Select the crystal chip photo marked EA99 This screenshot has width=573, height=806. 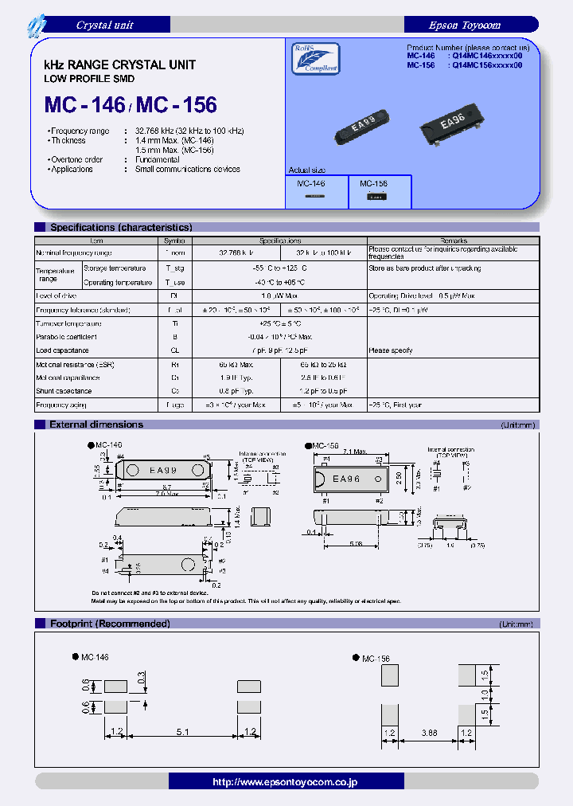click(364, 125)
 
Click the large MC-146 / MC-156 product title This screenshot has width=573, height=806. click(131, 104)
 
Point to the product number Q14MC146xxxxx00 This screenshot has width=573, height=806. click(486, 57)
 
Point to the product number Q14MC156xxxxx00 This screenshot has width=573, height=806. click(486, 66)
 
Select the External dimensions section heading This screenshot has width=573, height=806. click(96, 425)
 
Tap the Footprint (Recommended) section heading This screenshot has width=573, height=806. click(110, 624)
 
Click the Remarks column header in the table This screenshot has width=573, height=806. click(453, 241)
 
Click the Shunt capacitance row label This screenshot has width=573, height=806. click(63, 391)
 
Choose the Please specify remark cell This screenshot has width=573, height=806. click(390, 350)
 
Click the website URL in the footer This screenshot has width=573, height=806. click(286, 782)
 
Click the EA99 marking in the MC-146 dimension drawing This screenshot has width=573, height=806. click(163, 470)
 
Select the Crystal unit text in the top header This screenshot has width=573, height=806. click(104, 25)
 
